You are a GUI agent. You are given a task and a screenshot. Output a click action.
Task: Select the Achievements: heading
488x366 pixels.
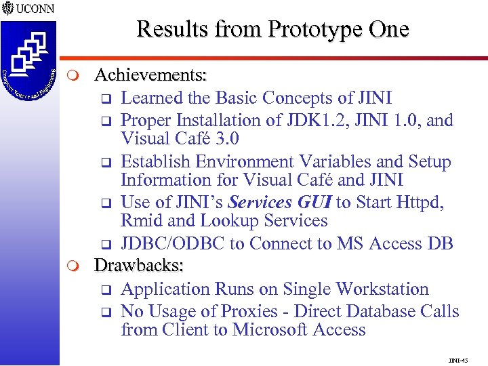[150, 73]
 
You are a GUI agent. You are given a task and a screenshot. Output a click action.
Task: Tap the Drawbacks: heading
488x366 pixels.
[139, 266]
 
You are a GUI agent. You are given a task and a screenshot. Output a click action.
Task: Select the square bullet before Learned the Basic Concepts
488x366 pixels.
[106, 99]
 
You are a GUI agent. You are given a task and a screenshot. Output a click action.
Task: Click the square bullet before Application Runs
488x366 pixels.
[106, 290]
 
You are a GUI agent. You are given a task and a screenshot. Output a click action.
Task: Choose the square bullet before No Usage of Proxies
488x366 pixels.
[106, 312]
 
